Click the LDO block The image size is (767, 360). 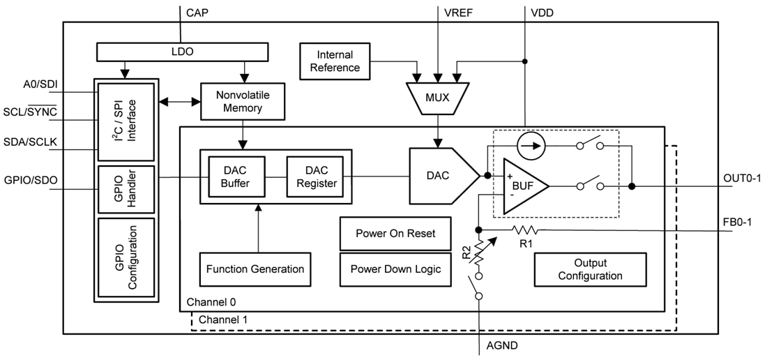point(181,52)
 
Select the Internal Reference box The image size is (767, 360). point(335,61)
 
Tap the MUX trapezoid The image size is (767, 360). point(437,98)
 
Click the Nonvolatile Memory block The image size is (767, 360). point(243,101)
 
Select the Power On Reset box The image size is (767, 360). point(395,233)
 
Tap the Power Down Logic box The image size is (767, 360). point(395,269)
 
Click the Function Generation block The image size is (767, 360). point(255,269)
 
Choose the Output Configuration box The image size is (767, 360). point(590,269)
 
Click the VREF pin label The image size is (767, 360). point(459,12)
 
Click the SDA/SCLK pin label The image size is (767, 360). point(30,142)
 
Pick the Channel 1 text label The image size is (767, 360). point(222,320)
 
